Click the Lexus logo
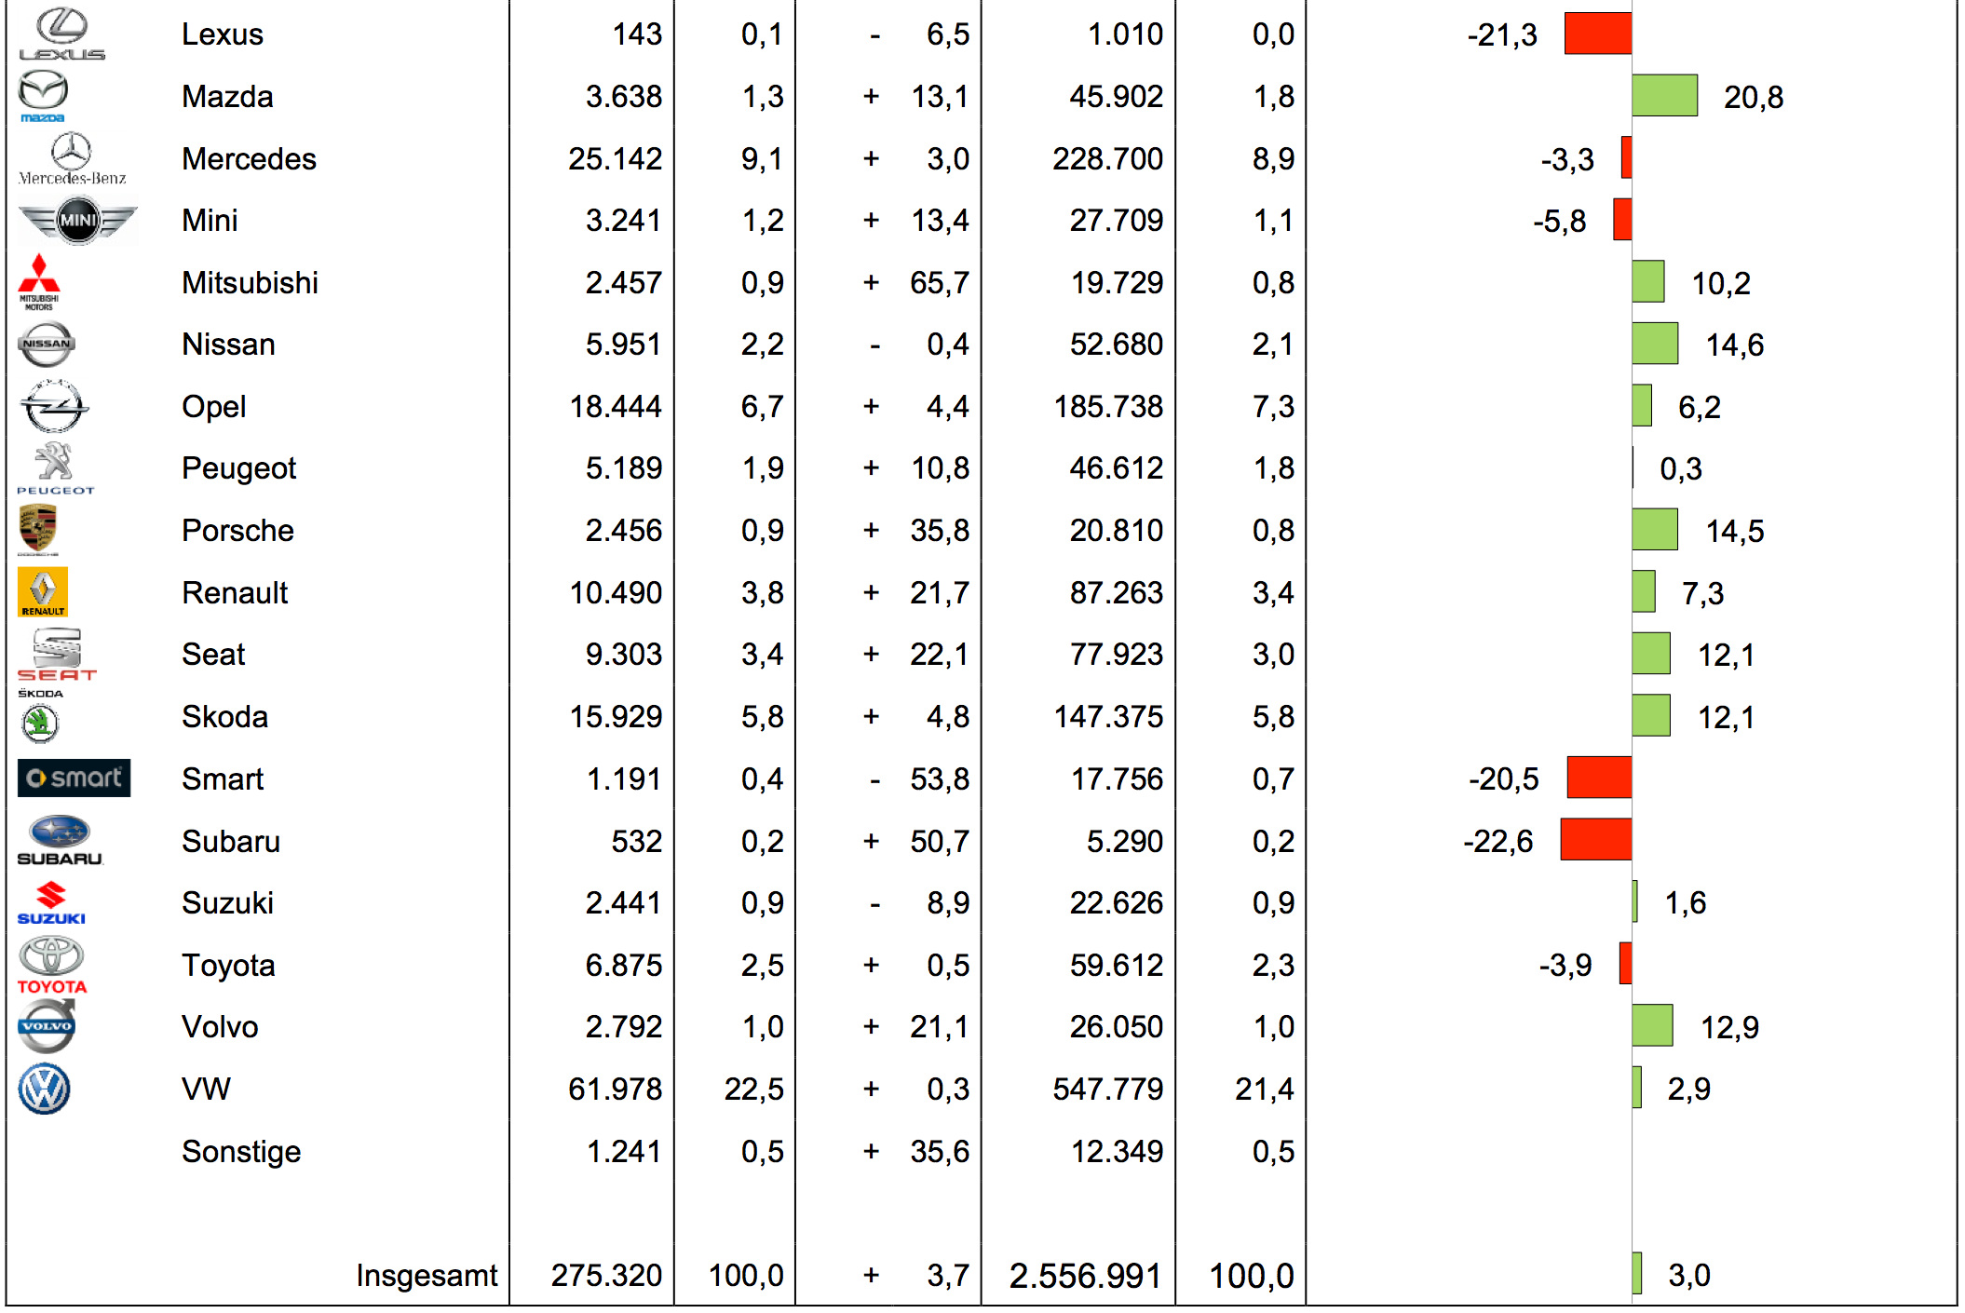[61, 34]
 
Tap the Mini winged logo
[78, 221]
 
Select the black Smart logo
[74, 778]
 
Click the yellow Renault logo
[43, 592]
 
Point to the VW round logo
[44, 1089]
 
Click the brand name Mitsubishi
[250, 282]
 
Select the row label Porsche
[237, 531]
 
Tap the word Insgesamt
[427, 1275]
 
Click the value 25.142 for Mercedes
[615, 158]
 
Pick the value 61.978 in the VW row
[615, 1089]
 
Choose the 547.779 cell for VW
[1107, 1089]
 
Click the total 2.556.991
[1085, 1276]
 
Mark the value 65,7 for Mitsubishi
[939, 282]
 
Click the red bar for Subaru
[1595, 840]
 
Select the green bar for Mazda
[1664, 96]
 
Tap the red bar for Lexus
[1597, 34]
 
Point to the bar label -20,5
[1503, 778]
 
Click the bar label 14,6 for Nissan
[1734, 345]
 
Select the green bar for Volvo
[1652, 1026]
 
